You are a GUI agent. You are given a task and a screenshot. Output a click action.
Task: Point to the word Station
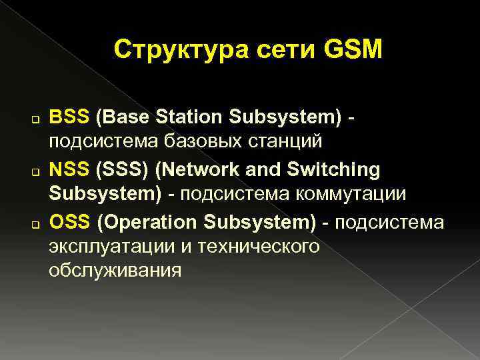[189, 117]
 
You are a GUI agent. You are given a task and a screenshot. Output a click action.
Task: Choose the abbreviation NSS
[69, 169]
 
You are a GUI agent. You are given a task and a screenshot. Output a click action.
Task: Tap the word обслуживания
[114, 271]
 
